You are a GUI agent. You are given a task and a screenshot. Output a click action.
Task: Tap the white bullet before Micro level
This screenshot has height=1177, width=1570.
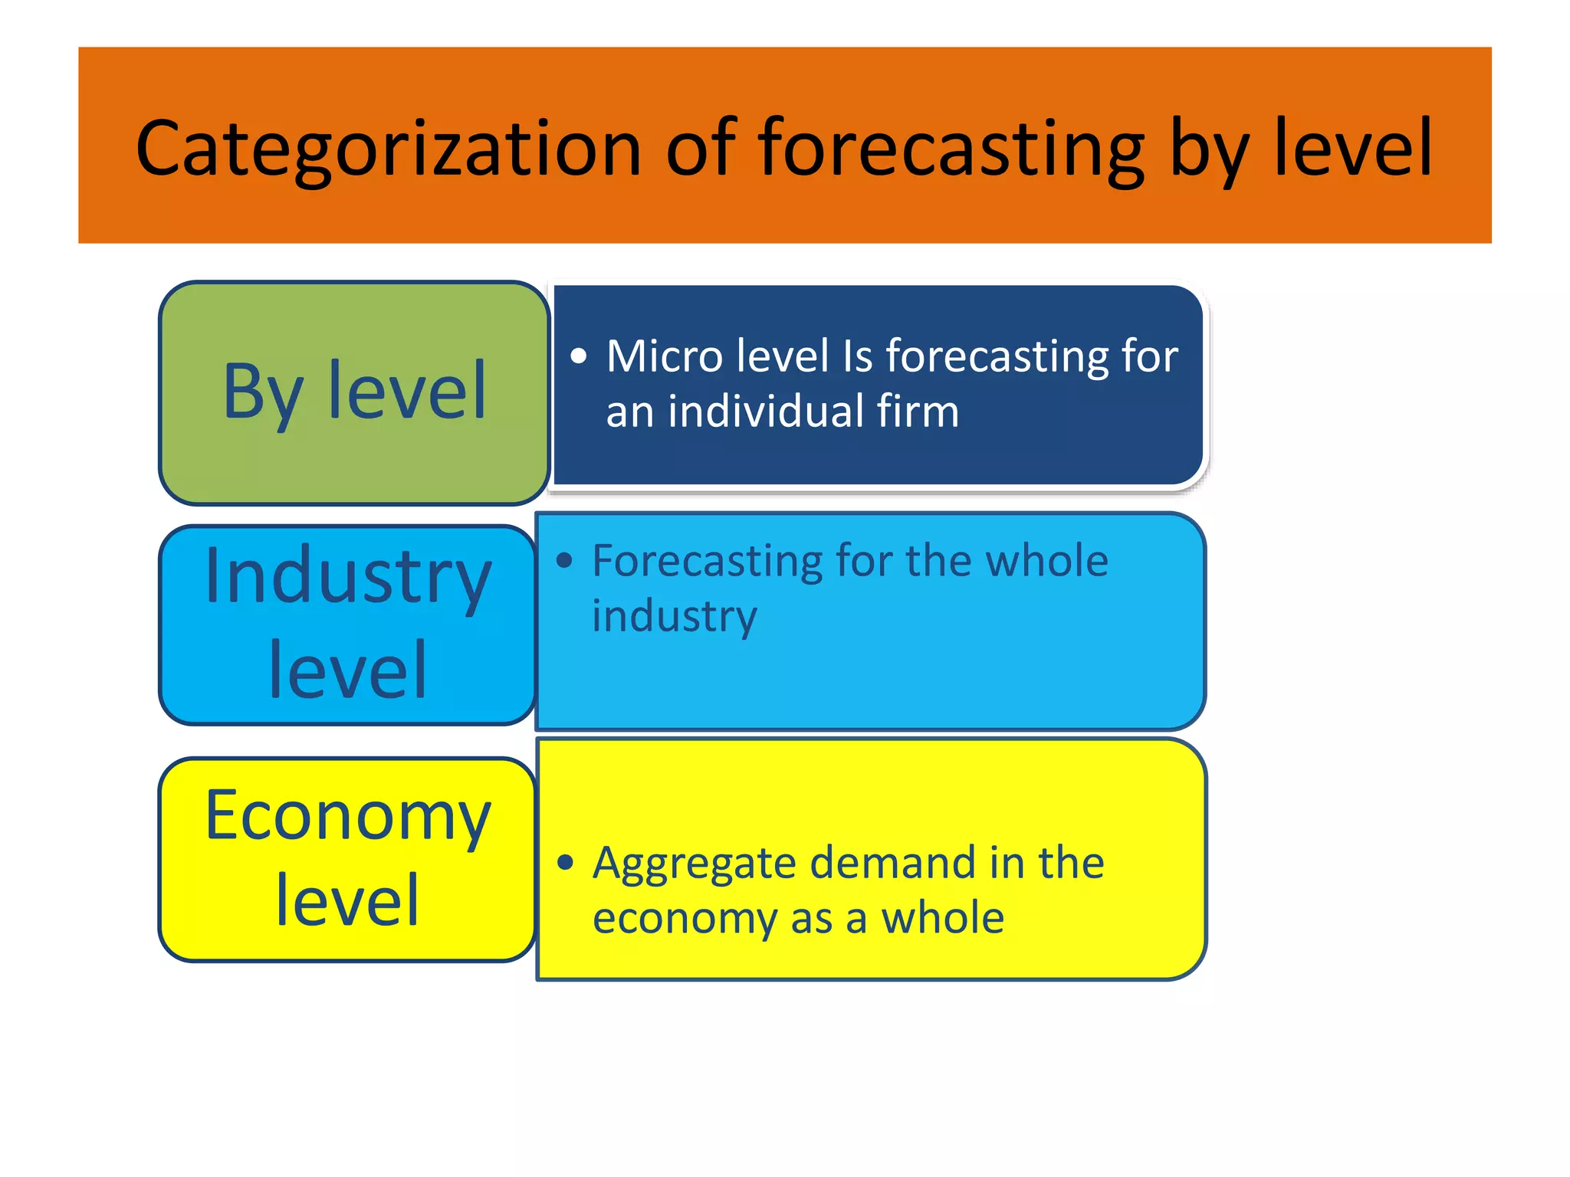(579, 356)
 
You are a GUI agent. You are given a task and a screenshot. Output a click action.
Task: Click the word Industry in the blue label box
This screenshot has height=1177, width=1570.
(347, 576)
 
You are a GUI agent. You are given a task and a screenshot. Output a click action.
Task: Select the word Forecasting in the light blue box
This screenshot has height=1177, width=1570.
(707, 561)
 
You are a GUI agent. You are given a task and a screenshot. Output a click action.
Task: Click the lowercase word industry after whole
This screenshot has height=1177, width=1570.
(675, 617)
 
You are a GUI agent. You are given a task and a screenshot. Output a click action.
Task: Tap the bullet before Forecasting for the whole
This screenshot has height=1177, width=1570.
(565, 561)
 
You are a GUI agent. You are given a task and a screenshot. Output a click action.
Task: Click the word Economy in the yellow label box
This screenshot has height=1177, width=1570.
(347, 817)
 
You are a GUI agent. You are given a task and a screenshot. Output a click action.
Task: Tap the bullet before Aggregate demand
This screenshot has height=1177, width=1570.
(566, 863)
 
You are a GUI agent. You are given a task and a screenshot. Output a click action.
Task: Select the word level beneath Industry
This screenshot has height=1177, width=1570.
(347, 670)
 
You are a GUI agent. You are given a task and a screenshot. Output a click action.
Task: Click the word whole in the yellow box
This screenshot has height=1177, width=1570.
(942, 918)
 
